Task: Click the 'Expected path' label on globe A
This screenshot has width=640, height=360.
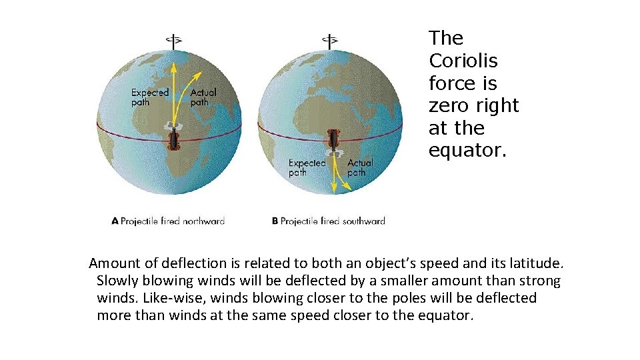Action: pos(149,97)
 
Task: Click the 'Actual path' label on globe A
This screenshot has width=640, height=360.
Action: pos(203,97)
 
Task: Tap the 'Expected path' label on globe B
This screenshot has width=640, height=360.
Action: pos(307,167)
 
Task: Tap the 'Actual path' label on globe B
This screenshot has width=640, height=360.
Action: pos(360,167)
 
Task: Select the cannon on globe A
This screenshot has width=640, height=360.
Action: pos(173,139)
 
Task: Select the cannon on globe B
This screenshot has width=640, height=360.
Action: pos(332,141)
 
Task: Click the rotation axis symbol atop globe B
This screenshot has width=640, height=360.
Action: pos(330,40)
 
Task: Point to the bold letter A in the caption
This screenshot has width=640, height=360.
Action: pos(115,221)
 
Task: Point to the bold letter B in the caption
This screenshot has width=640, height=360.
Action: pos(275,221)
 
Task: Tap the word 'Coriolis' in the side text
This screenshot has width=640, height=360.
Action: pos(463,61)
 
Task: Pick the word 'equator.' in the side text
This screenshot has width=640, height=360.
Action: pos(467,150)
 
